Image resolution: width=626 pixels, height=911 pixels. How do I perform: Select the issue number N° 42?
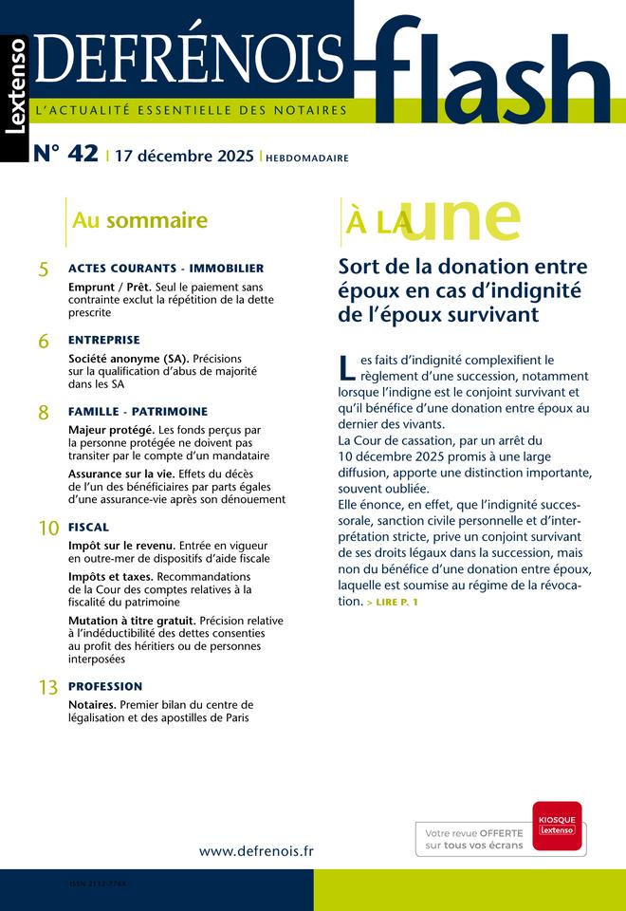[x=65, y=155]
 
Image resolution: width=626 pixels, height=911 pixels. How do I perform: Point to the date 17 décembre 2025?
[x=184, y=157]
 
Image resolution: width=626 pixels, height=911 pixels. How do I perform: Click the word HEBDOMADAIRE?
[x=307, y=158]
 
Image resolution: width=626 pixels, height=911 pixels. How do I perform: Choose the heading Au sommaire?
[x=139, y=221]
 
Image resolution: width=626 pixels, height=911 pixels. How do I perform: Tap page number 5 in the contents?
[x=44, y=270]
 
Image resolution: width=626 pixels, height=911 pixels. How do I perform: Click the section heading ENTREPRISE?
[x=104, y=340]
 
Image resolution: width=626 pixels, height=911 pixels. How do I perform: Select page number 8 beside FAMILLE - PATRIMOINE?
[x=44, y=413]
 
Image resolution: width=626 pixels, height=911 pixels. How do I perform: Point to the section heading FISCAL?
[x=89, y=527]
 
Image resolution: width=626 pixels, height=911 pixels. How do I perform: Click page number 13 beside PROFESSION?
[x=47, y=688]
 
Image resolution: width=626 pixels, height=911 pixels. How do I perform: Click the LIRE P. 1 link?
[x=393, y=603]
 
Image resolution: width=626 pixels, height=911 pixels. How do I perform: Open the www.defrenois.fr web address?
[x=256, y=851]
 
